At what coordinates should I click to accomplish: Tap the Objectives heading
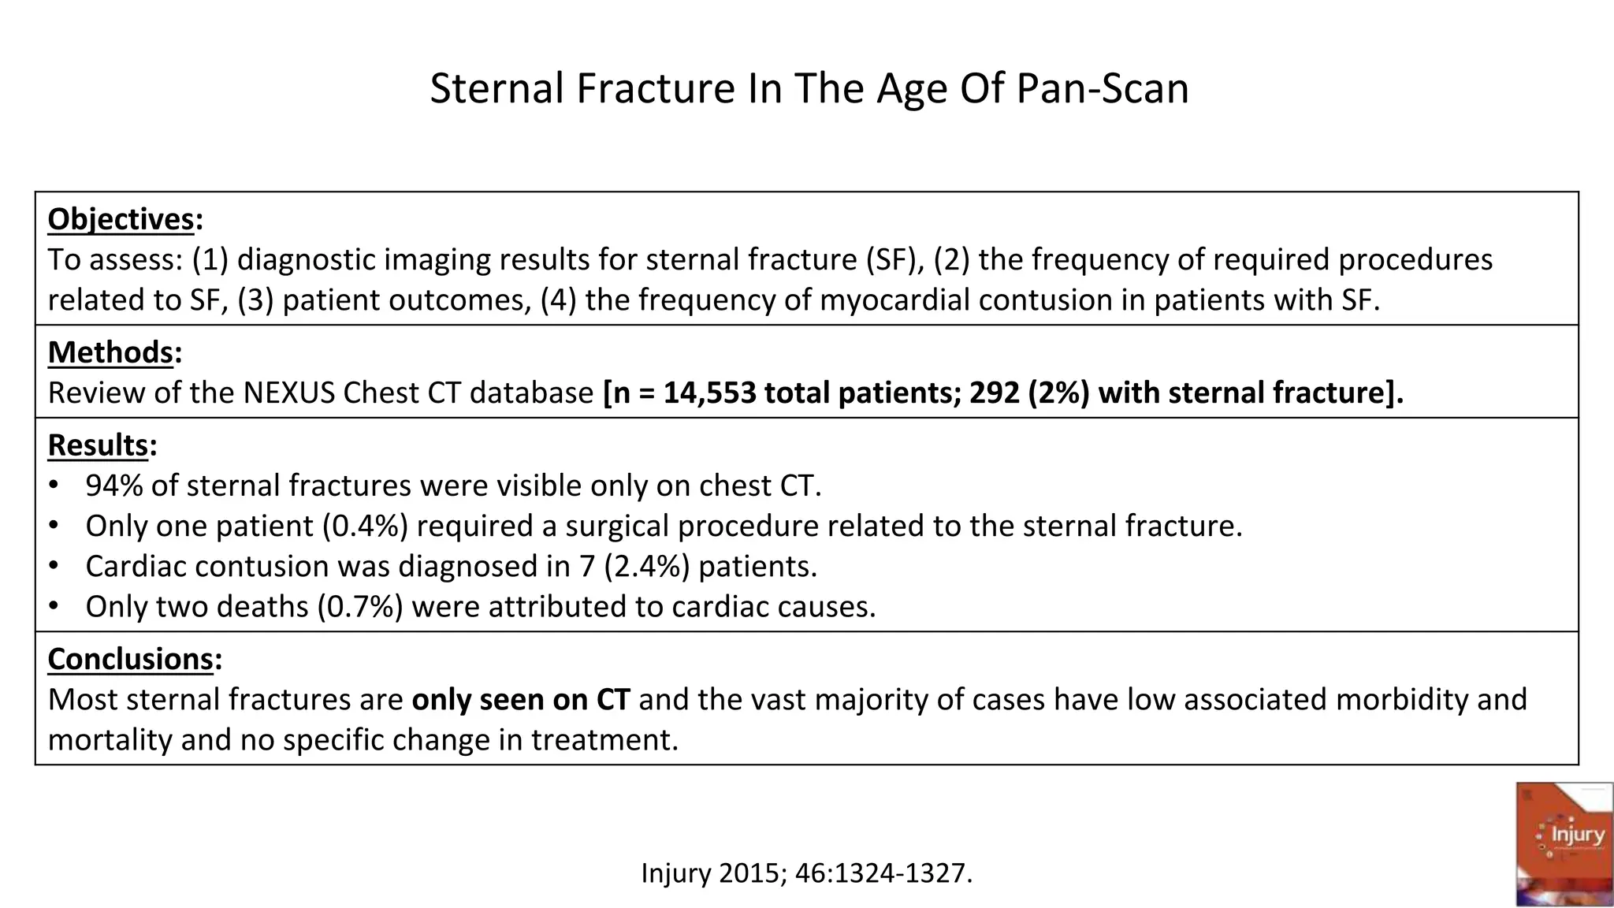(121, 219)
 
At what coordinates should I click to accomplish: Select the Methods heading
(110, 352)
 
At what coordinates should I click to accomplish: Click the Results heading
(98, 445)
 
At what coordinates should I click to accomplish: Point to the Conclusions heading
(130, 659)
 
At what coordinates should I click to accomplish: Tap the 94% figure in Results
(113, 486)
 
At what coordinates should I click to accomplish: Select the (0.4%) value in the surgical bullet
(365, 526)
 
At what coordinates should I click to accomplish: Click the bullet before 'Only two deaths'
(54, 606)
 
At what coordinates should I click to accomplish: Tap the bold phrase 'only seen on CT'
(520, 700)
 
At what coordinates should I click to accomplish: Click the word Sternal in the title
(498, 88)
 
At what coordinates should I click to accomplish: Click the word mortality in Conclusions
(109, 740)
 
